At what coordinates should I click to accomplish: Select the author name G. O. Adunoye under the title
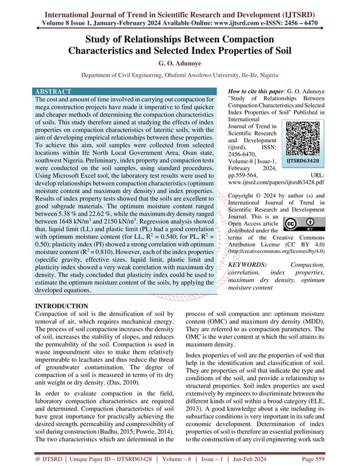coord(179,63)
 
